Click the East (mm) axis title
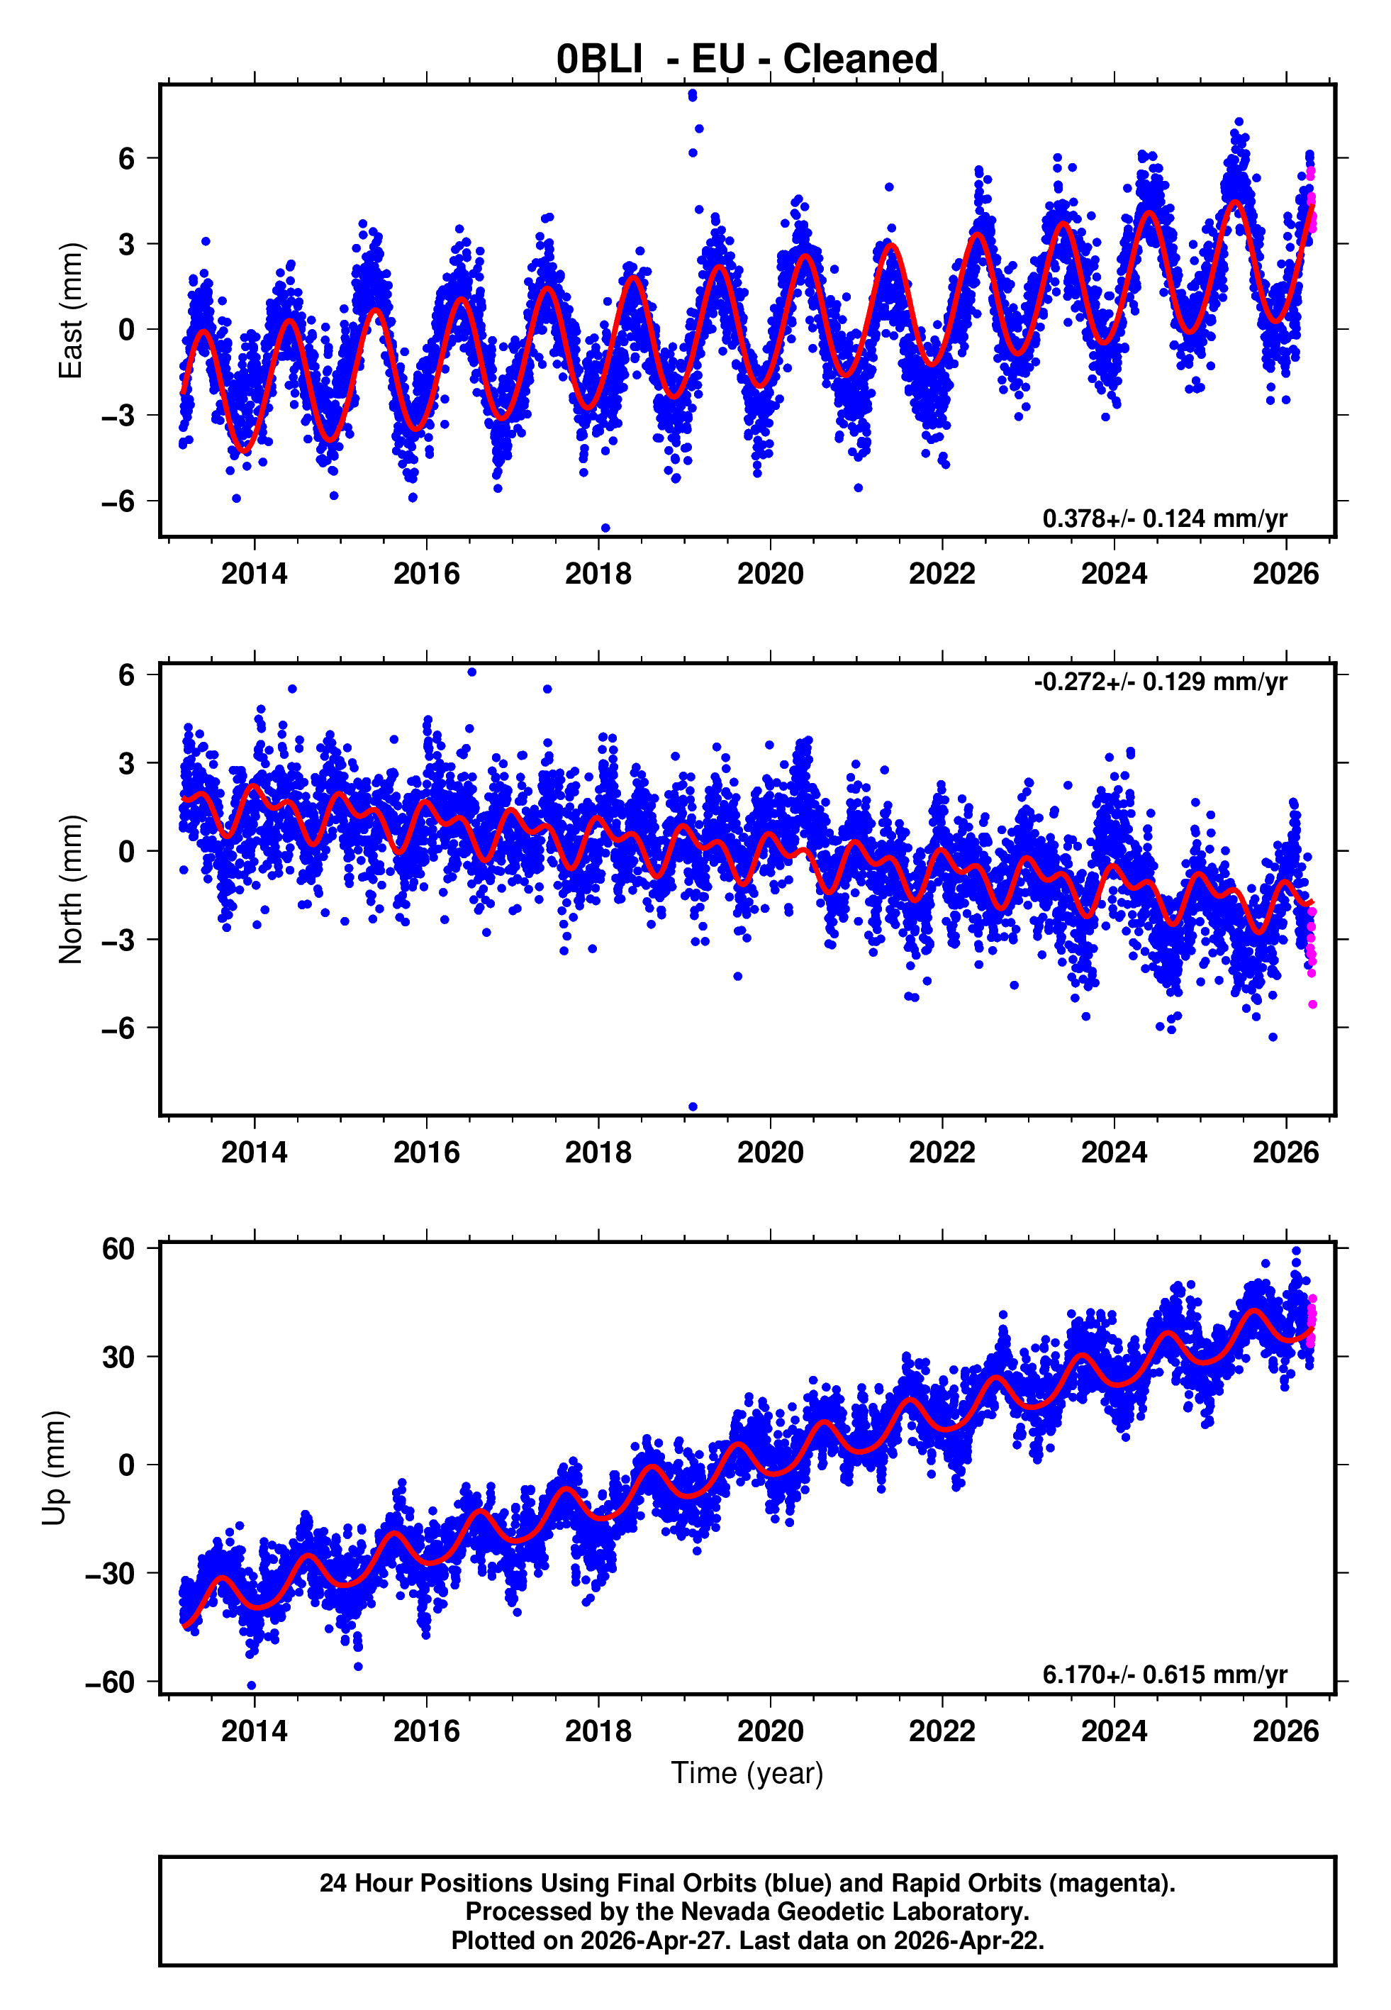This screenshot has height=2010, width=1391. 69,311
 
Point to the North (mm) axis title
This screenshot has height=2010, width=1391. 69,889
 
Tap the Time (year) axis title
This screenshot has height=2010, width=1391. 747,1773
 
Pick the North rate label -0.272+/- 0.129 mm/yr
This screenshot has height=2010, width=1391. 1160,682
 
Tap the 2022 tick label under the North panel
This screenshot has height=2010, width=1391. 942,1153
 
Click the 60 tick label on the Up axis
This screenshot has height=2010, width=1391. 118,1249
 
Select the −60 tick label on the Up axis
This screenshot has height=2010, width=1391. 110,1682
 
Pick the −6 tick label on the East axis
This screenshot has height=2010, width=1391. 118,501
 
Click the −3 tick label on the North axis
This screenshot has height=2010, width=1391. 118,940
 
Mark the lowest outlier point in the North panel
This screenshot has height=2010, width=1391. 693,1107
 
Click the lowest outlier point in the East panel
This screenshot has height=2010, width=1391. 605,528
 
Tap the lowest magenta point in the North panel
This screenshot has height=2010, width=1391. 1312,1005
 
